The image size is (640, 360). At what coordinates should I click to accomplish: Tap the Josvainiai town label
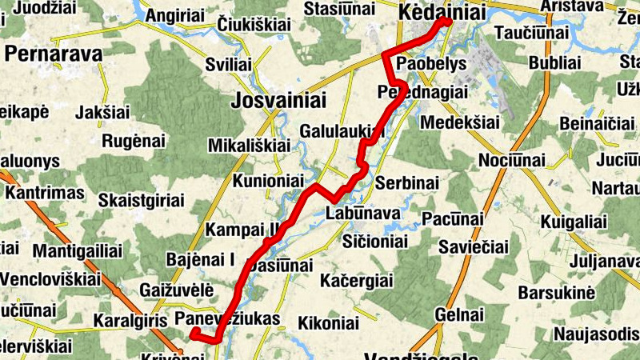278,100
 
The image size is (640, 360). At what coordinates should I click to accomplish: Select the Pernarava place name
54,54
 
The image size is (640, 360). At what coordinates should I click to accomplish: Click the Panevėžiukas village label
227,320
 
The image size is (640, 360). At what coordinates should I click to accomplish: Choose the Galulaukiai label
342,130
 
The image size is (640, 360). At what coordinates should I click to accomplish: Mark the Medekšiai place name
459,122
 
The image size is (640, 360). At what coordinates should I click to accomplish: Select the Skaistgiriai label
144,199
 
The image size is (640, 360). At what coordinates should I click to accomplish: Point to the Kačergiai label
356,281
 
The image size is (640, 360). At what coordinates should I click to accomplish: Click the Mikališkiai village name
248,146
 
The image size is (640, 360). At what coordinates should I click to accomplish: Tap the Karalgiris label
129,321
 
